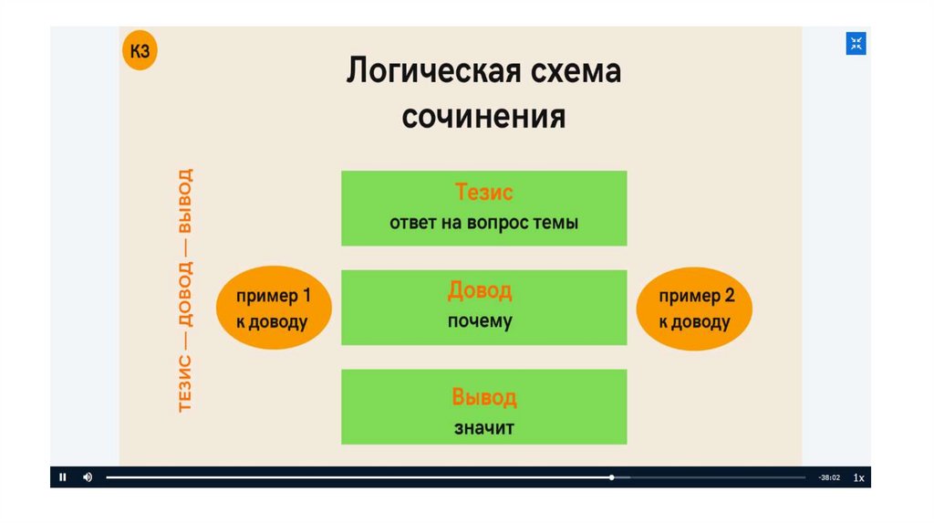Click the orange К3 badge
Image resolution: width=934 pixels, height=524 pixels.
coord(140,52)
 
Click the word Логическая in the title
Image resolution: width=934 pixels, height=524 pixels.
coord(419,71)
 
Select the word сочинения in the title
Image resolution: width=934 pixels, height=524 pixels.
coord(483,118)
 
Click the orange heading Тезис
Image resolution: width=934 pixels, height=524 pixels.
coord(483,193)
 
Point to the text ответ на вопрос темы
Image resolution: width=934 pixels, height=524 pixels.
coord(483,223)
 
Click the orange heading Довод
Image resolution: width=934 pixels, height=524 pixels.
coord(480,291)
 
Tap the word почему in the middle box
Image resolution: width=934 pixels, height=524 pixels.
coord(480,321)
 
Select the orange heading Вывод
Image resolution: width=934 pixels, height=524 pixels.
coord(483,398)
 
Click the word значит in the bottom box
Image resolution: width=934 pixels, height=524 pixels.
coord(483,427)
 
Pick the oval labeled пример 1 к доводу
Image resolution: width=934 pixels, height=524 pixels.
coord(274,309)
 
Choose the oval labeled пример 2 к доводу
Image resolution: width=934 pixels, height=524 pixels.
coord(695,309)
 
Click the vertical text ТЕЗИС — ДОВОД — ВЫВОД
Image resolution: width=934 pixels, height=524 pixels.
coord(186,290)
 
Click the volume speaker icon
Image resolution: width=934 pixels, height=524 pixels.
coord(88,477)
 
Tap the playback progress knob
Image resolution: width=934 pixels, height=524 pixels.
coord(612,477)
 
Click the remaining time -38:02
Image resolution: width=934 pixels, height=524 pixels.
coord(828,477)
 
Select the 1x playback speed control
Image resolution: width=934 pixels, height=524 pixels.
coord(858,477)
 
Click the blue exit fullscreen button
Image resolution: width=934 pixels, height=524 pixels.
coord(856,43)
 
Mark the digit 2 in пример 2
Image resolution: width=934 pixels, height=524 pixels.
coord(729,296)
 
